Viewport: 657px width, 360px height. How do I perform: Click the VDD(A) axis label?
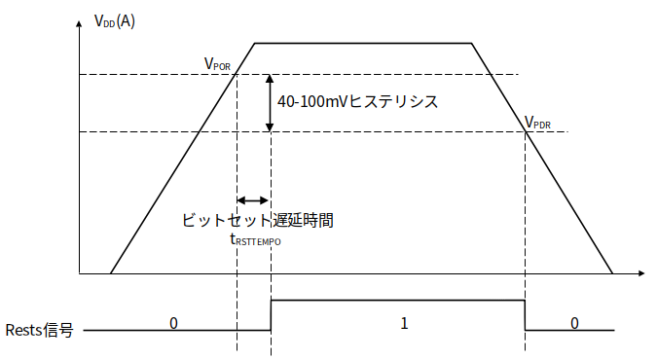pyautogui.click(x=115, y=21)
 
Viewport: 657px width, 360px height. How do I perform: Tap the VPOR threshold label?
pyautogui.click(x=217, y=64)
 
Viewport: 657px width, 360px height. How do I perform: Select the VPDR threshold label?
pyautogui.click(x=537, y=123)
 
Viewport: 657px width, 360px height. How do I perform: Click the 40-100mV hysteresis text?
pyautogui.click(x=357, y=101)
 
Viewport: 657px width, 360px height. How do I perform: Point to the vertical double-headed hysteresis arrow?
pyautogui.click(x=270, y=103)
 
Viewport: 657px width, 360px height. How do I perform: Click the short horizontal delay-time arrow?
pyautogui.click(x=252, y=200)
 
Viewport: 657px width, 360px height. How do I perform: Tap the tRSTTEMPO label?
pyautogui.click(x=256, y=240)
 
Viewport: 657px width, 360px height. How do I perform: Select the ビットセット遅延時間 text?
pyautogui.click(x=258, y=220)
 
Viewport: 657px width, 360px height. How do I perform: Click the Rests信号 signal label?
pyautogui.click(x=39, y=330)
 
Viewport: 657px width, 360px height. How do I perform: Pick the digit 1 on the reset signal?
pyautogui.click(x=404, y=323)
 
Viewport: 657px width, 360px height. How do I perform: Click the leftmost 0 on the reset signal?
pyautogui.click(x=173, y=323)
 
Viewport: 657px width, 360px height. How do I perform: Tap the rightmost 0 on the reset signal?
pyautogui.click(x=574, y=323)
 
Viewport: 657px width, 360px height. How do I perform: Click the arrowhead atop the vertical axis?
pyautogui.click(x=79, y=23)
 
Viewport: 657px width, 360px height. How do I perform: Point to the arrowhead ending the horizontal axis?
pyautogui.click(x=641, y=273)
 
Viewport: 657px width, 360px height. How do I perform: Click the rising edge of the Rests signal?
pyautogui.click(x=272, y=315)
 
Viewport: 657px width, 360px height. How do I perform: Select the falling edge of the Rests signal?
pyautogui.click(x=525, y=315)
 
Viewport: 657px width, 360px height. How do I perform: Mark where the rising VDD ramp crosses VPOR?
pyautogui.click(x=237, y=75)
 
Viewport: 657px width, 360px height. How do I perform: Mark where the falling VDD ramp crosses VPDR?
pyautogui.click(x=526, y=132)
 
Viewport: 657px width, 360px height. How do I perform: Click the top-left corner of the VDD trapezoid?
pyautogui.click(x=255, y=43)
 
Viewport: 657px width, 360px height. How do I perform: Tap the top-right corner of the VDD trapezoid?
pyautogui.click(x=472, y=43)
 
